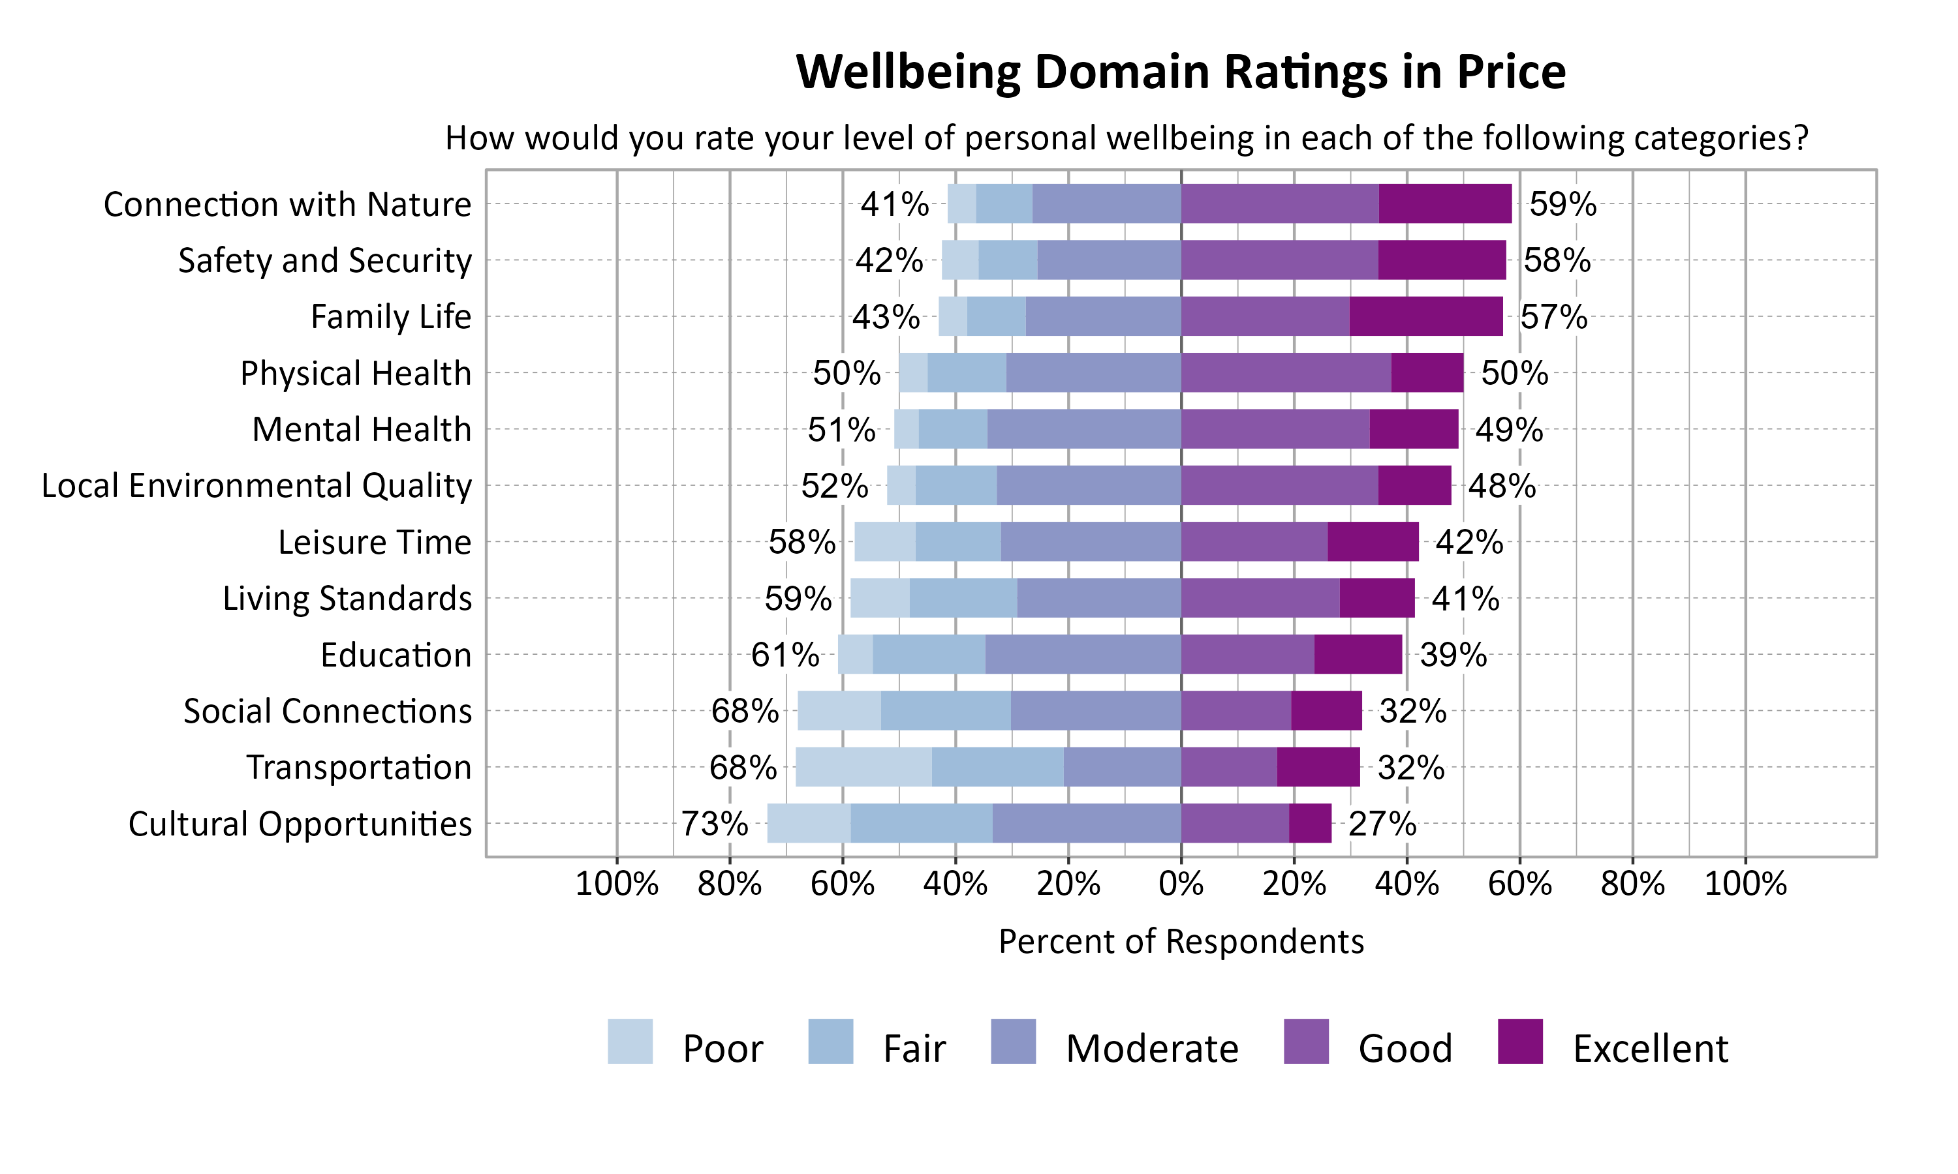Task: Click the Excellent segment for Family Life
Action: pyautogui.click(x=1425, y=316)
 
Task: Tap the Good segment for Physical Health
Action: pyautogui.click(x=1285, y=372)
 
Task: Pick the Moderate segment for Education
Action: pyautogui.click(x=1083, y=654)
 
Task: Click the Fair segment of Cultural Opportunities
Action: pyautogui.click(x=921, y=824)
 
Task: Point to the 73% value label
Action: pyautogui.click(x=715, y=824)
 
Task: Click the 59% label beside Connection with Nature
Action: pyautogui.click(x=1562, y=204)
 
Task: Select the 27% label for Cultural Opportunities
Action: pyautogui.click(x=1382, y=824)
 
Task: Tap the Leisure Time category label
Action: pyautogui.click(x=375, y=543)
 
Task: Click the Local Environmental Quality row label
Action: pyautogui.click(x=256, y=486)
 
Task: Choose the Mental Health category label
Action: pyautogui.click(x=362, y=430)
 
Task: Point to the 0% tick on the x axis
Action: pyautogui.click(x=1181, y=884)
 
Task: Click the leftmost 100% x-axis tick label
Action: pyautogui.click(x=617, y=884)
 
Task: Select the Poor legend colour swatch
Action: pyautogui.click(x=630, y=1041)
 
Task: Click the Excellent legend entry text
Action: pyautogui.click(x=1650, y=1048)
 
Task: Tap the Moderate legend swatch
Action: pyautogui.click(x=1013, y=1041)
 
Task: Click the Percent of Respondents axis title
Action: pyautogui.click(x=1181, y=941)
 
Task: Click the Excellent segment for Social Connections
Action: pyautogui.click(x=1326, y=710)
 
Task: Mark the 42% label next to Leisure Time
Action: pyautogui.click(x=1469, y=543)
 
